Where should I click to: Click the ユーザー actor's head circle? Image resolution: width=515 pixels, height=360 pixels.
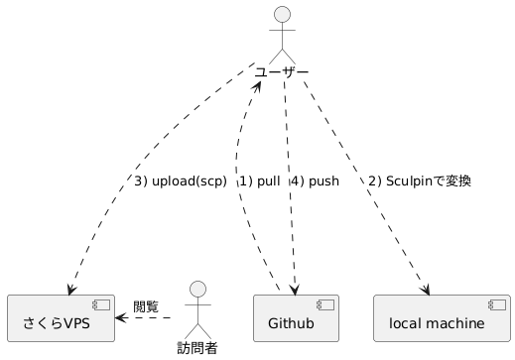coord(282,14)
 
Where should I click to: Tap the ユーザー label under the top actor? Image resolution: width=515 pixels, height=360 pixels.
coord(282,72)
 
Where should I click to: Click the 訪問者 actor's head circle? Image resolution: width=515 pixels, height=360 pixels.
coord(197,290)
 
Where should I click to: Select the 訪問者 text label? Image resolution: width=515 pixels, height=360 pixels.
coord(197,348)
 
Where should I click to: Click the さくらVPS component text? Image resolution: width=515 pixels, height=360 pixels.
coord(57,323)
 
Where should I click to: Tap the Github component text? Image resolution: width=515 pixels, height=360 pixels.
coord(291,323)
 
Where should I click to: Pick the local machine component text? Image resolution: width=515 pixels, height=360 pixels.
coord(437,323)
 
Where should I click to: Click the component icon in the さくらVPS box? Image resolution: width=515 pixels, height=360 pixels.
coord(101,305)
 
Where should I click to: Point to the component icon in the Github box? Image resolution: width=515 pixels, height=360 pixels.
coord(325,305)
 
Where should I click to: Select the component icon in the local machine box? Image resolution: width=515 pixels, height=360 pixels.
coord(497,305)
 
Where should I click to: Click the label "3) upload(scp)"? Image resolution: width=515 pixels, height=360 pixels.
coord(181,181)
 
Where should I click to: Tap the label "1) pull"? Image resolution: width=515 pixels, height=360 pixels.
coord(260,181)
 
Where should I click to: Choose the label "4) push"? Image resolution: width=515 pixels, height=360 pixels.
coord(315,181)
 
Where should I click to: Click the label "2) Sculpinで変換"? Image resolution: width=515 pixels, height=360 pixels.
coord(420,181)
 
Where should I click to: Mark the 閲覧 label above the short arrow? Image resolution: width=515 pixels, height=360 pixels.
coord(146,306)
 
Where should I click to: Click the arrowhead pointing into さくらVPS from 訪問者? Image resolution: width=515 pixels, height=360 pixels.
coord(120,318)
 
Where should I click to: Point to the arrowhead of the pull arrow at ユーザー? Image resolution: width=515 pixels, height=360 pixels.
coord(257,86)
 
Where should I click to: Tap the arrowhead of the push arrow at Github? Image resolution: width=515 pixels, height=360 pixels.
coord(295,290)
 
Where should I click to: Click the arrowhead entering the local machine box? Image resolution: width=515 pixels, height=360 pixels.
coord(426,290)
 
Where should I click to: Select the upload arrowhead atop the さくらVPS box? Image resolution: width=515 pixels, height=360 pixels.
coord(70,290)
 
